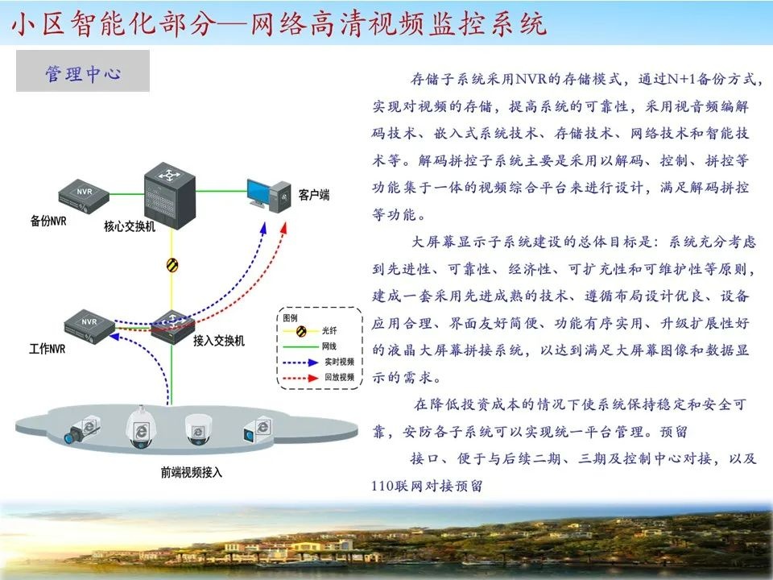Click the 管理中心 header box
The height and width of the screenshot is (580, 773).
pos(83,72)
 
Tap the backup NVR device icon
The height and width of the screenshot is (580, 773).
pos(84,194)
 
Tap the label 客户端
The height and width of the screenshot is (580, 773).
pos(313,196)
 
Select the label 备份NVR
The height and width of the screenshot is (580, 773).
pos(48,220)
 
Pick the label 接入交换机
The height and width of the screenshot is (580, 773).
pos(218,341)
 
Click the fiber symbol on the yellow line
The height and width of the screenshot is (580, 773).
pos(172,264)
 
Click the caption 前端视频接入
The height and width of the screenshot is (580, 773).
pos(191,473)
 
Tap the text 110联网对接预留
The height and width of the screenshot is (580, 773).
pos(427,486)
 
